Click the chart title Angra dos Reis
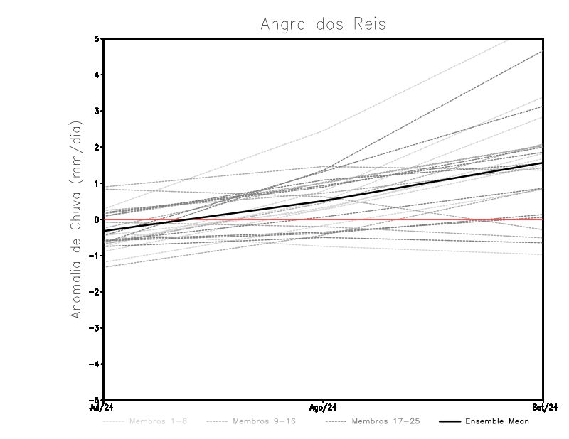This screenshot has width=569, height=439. [323, 24]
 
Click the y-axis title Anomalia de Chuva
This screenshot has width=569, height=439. [75, 220]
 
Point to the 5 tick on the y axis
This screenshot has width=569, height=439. [96, 38]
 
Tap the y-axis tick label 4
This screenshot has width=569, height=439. [96, 75]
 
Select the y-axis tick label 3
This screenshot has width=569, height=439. [96, 111]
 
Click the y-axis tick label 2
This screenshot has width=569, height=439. [96, 147]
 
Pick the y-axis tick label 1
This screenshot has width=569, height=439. [96, 183]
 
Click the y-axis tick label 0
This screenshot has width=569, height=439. [96, 220]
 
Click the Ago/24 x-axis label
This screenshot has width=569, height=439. [324, 408]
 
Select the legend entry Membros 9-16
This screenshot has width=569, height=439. [263, 421]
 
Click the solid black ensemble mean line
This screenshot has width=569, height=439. [324, 201]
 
